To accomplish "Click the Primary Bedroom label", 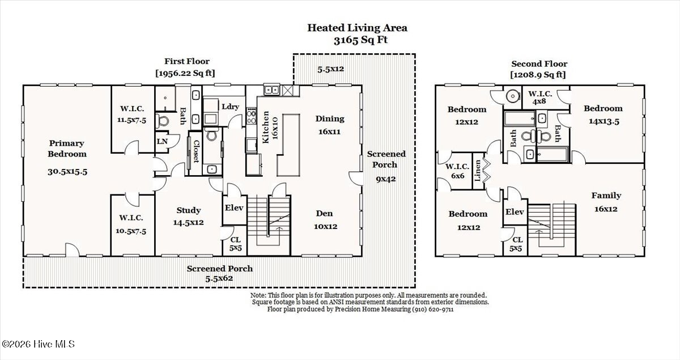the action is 67,149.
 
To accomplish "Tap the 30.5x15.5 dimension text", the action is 67,172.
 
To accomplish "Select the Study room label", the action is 189,210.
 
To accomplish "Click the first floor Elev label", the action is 234,208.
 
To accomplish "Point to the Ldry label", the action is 231,107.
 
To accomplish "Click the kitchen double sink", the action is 271,90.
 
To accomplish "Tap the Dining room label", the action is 330,119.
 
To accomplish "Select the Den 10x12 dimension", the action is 325,226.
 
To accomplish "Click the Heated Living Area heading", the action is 358,28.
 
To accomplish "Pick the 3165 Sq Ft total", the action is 360,40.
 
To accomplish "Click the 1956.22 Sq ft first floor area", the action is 185,73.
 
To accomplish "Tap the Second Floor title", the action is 539,64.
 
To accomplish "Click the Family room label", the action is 606,196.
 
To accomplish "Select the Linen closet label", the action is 478,171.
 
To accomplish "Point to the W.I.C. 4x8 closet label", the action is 539,98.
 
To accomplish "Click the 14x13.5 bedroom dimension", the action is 604,121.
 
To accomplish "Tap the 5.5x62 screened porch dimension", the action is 219,278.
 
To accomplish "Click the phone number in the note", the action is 432,310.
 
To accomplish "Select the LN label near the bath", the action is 162,141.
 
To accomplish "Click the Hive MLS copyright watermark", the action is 38,344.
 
